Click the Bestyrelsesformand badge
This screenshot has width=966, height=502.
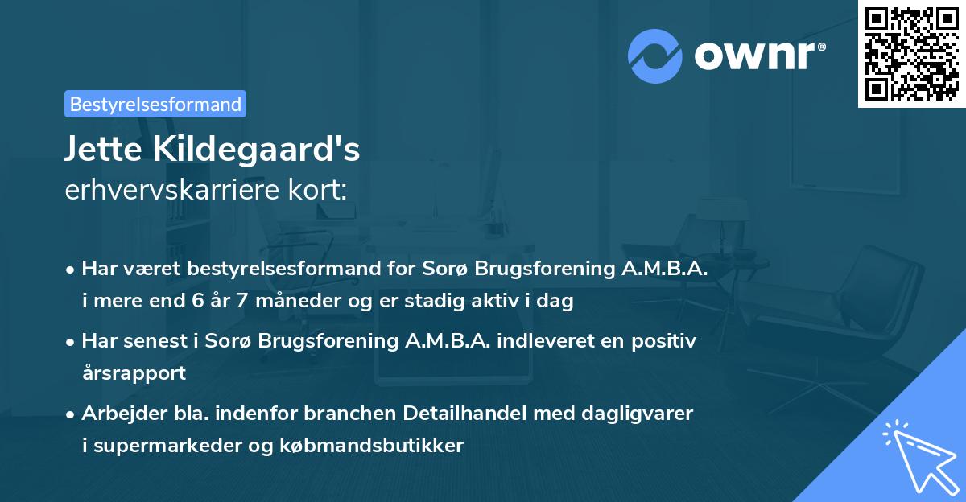(x=155, y=104)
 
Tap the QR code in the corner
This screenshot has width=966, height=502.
(x=911, y=53)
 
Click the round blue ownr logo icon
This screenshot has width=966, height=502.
(x=655, y=56)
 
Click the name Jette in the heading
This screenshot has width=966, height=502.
(x=101, y=149)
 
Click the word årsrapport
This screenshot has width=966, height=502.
(x=134, y=373)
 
